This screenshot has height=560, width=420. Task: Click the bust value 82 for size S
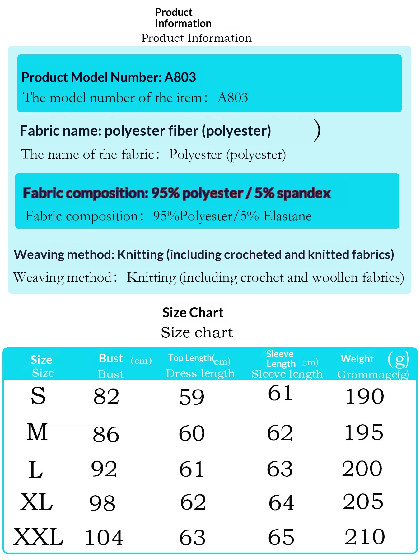point(106,397)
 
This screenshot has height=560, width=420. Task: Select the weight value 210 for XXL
point(365,537)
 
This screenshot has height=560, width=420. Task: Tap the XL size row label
point(37,502)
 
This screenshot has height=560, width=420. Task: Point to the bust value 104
point(104,538)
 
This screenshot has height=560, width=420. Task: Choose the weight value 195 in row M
point(364,432)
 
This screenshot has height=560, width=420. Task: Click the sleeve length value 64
point(281,503)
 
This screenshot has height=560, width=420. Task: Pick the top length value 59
point(192,397)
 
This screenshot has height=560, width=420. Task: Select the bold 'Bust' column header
point(111,358)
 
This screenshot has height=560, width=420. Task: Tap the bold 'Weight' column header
point(357,359)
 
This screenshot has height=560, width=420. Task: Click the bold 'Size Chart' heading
point(193,313)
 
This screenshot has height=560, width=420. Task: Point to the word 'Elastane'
point(287,216)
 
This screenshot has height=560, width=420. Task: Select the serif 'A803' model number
point(233,98)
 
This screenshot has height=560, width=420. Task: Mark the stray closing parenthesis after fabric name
point(317,131)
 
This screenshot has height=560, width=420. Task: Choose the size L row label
point(36,470)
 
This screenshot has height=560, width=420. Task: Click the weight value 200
point(362,469)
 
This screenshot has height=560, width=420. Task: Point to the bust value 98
point(102,503)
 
